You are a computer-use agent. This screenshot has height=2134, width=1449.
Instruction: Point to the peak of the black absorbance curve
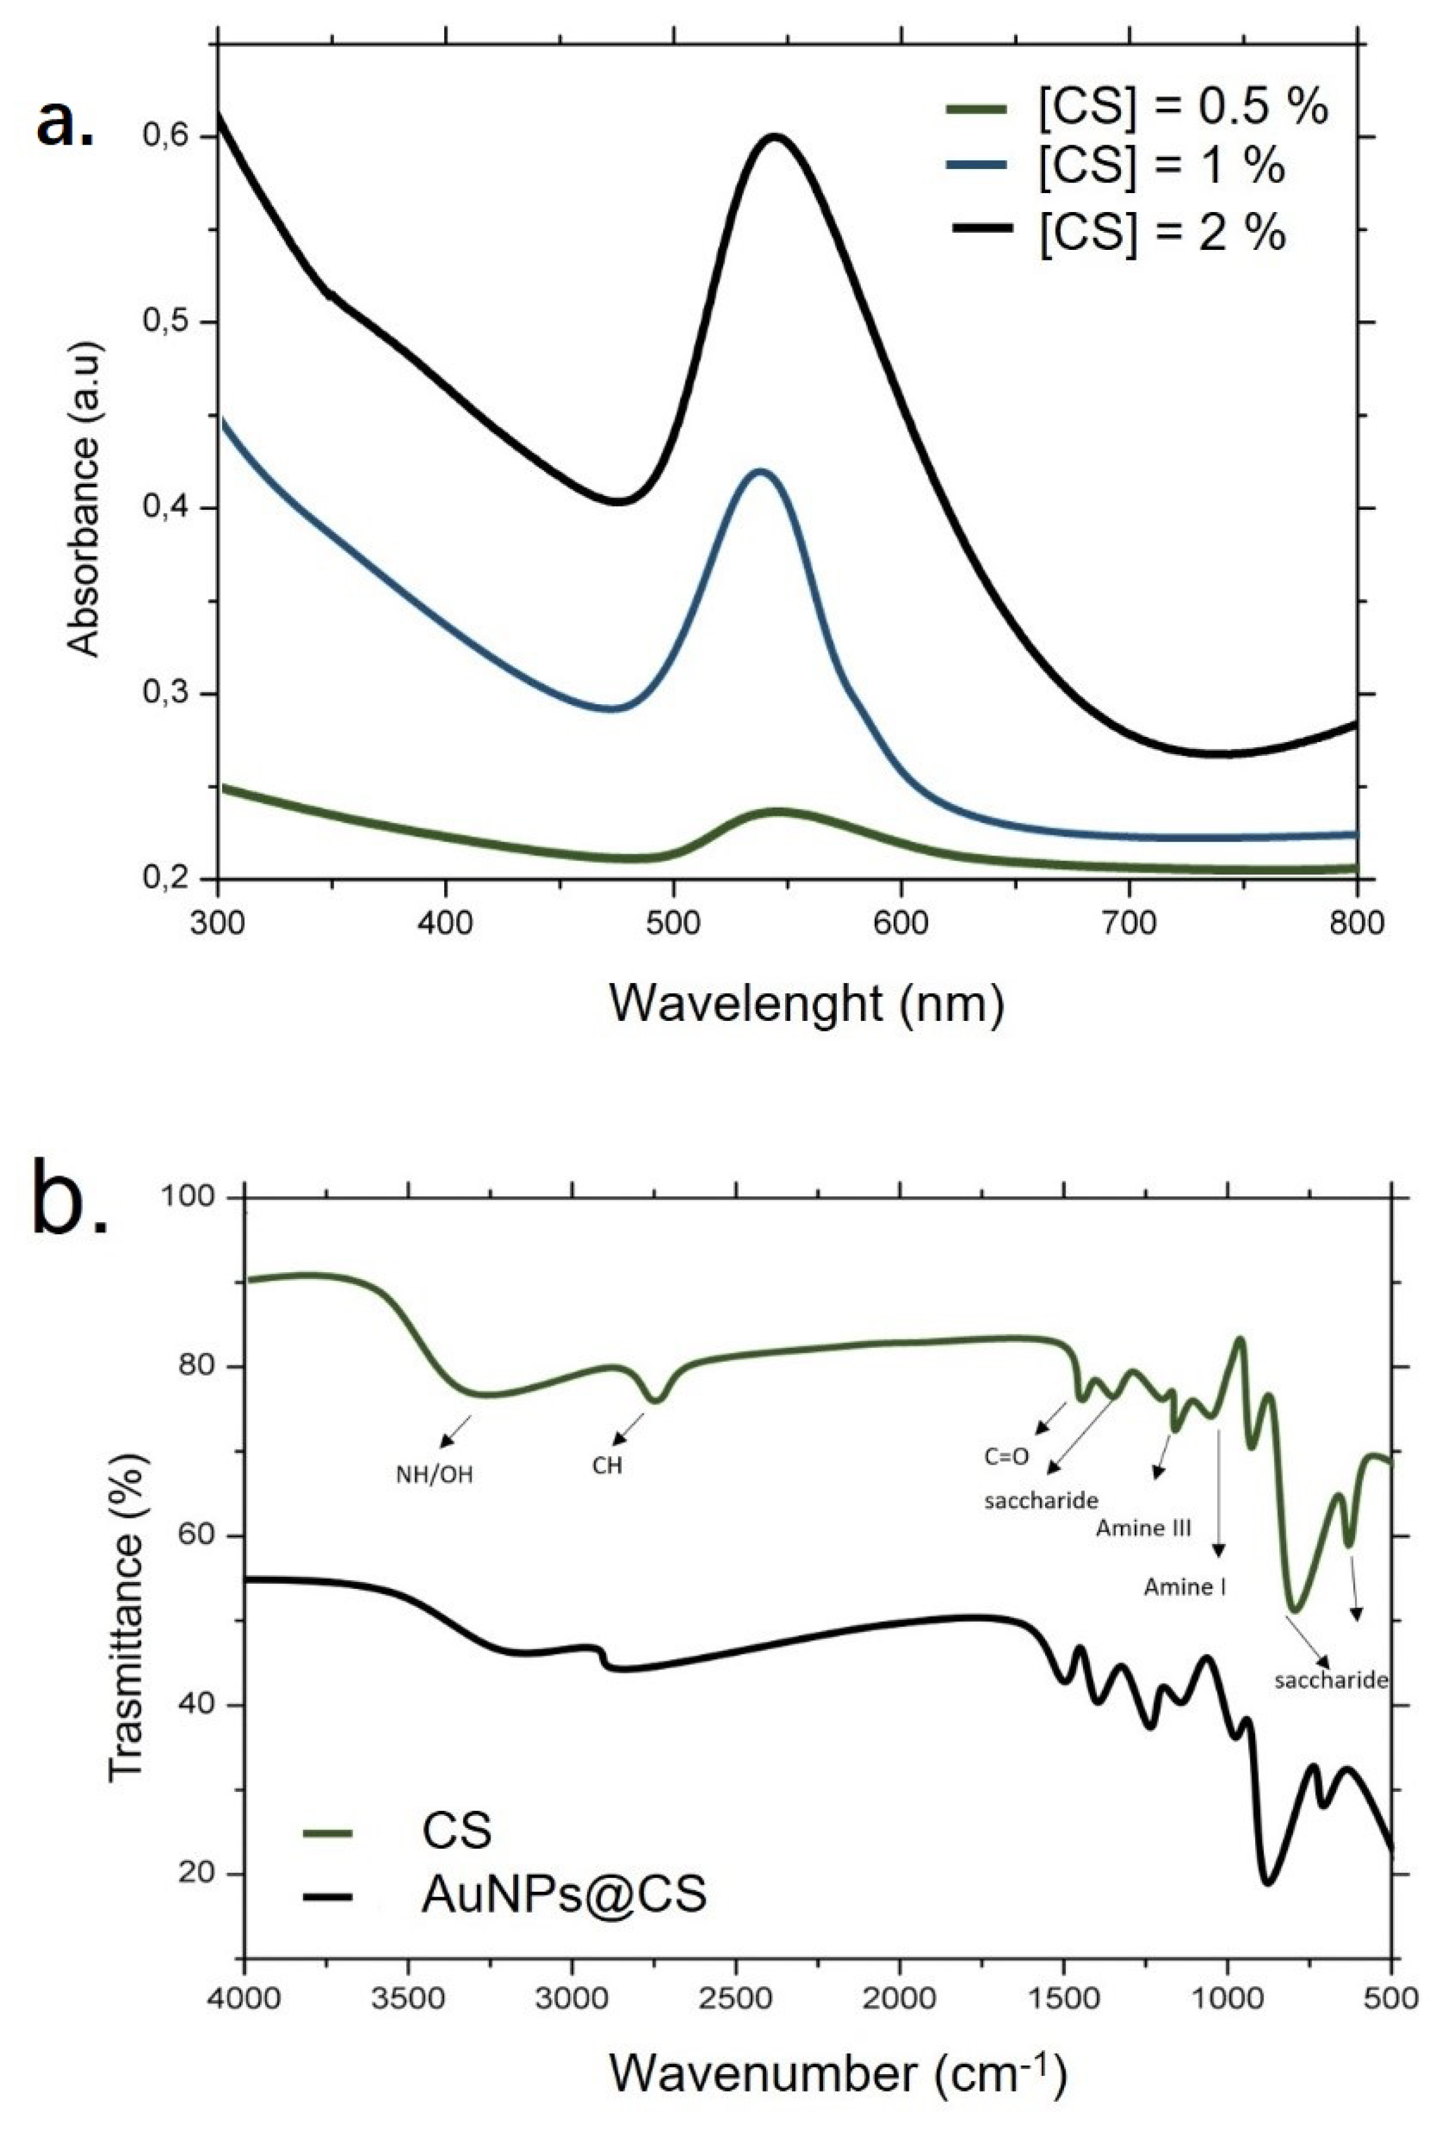tap(776, 137)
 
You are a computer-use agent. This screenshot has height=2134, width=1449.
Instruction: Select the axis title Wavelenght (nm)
tap(806, 1004)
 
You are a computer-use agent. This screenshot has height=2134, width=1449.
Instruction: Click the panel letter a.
tap(64, 125)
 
